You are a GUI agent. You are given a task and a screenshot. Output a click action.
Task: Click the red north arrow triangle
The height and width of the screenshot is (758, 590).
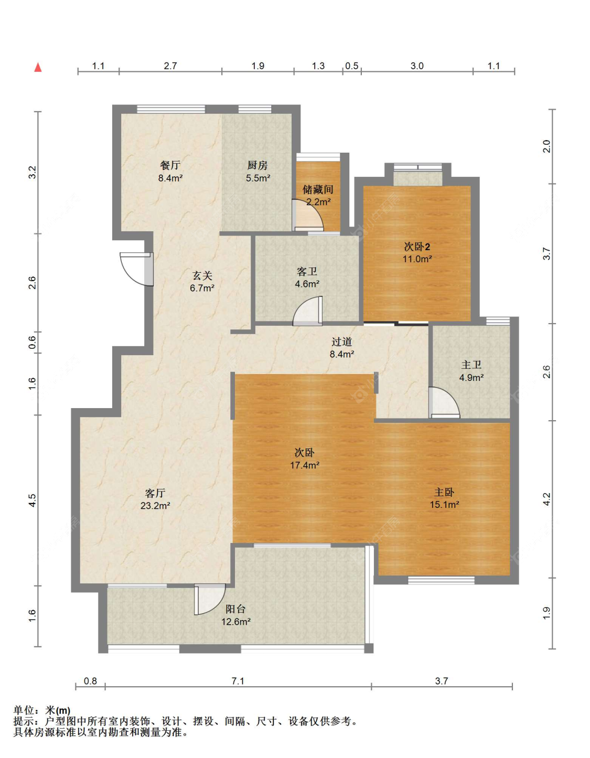pos(38,67)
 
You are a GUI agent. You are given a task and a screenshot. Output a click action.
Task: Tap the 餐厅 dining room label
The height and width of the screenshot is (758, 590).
pos(170,165)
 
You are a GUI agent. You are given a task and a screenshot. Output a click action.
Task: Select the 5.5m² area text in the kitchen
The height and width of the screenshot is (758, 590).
pos(258,178)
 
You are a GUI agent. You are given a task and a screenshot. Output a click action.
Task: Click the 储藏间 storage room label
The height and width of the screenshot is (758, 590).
pos(318,190)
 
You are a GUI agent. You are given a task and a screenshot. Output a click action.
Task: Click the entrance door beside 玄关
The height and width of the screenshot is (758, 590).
pos(136,269)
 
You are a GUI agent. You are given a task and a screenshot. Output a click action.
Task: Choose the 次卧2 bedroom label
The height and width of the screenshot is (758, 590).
pos(417,247)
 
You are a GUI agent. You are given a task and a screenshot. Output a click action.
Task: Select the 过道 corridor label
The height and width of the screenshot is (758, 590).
pos(342,342)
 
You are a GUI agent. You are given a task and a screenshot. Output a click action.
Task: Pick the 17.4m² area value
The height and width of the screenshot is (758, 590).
pos(305,465)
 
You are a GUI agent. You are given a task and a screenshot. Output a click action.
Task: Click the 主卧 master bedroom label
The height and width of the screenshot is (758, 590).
pos(444,492)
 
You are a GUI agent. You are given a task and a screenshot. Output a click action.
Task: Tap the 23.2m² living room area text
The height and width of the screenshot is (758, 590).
pos(155,506)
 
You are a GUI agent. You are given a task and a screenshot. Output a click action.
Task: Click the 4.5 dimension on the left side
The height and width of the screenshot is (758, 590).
pos(32,500)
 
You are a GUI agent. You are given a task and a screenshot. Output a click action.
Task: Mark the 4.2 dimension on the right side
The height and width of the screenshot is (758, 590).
pos(546,499)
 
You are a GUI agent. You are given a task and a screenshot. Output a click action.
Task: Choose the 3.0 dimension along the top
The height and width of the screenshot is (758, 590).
pos(417,66)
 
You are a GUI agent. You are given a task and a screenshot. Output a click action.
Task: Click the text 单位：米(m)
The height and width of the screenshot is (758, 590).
pos(42,710)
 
